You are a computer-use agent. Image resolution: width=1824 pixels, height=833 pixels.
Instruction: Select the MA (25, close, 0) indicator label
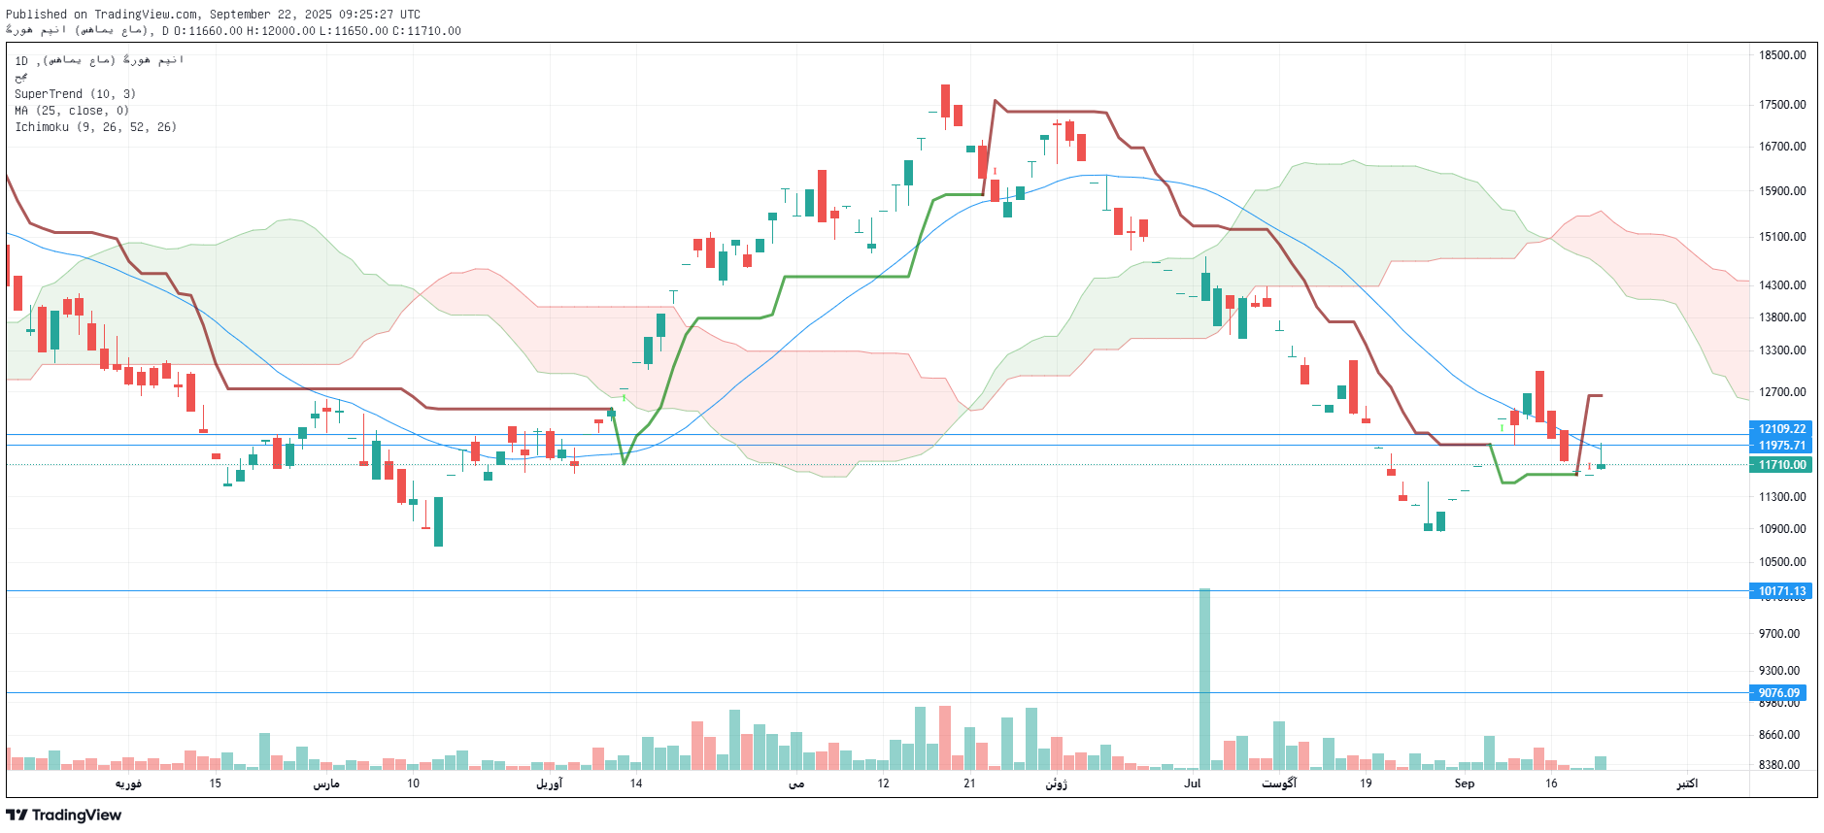point(71,111)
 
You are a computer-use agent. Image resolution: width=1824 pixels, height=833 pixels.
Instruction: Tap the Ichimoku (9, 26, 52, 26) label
point(95,127)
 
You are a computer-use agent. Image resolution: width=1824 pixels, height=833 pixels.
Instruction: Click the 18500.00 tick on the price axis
point(1782,55)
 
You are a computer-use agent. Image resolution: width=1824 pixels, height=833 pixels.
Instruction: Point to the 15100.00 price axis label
point(1782,237)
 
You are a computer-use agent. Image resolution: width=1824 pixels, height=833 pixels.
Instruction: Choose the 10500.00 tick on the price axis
point(1782,562)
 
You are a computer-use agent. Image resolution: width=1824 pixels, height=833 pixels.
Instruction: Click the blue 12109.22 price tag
point(1781,429)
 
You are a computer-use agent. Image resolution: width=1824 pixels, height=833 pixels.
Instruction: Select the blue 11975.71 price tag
point(1781,446)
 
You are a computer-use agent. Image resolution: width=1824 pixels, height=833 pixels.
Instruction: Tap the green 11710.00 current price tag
point(1781,465)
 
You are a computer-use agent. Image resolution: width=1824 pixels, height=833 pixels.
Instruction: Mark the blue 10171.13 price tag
point(1781,591)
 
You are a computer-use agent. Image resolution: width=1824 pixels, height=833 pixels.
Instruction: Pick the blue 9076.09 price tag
point(1778,693)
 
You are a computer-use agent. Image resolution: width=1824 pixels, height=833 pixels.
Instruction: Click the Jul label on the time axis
point(1192,783)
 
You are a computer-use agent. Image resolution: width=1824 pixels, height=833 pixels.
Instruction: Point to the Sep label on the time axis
point(1464,783)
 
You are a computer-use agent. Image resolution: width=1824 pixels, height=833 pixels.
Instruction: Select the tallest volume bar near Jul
point(1204,680)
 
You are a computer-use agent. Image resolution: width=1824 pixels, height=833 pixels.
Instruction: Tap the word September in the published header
point(241,15)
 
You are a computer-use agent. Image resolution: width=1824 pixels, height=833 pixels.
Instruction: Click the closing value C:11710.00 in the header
point(426,31)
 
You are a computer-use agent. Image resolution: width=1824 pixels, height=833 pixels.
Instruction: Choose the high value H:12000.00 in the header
point(281,31)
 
